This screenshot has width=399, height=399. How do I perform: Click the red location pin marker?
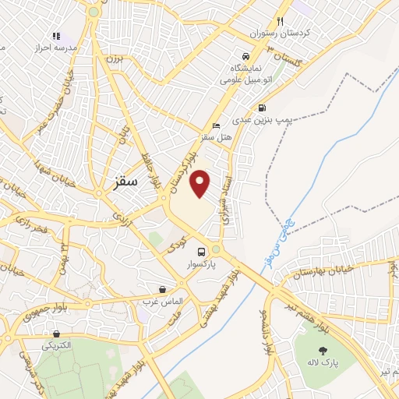pyautogui.click(x=201, y=182)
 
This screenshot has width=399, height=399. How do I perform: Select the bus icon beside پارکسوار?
pyautogui.click(x=202, y=252)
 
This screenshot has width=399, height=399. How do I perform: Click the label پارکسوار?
pyautogui.click(x=201, y=265)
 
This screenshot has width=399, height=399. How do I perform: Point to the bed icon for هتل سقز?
pyautogui.click(x=216, y=126)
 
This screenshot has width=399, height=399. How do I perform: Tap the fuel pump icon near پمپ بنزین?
pyautogui.click(x=262, y=108)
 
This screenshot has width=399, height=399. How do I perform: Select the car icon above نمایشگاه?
pyautogui.click(x=245, y=57)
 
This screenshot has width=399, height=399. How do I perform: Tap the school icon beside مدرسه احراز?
pyautogui.click(x=56, y=35)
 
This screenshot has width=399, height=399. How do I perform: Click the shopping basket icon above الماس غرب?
pyautogui.click(x=162, y=288)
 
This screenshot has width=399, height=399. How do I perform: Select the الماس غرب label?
pyautogui.click(x=162, y=300)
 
